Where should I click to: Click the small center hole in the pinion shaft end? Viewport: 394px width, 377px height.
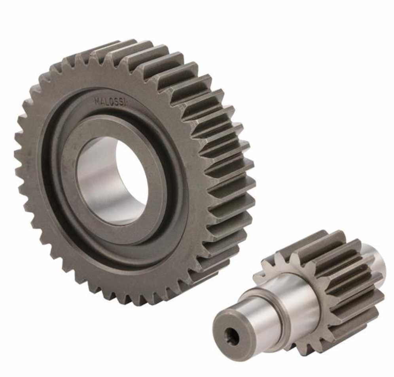coord(230,336)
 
